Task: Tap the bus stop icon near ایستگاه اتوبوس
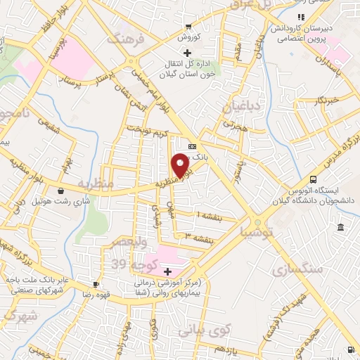[313, 179]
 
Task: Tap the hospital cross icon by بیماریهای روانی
[167, 271]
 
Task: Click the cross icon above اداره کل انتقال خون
[186, 53]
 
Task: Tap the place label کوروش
[190, 37]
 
